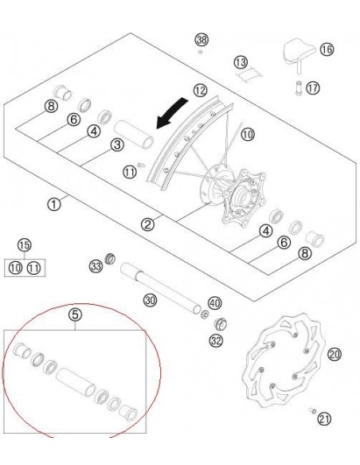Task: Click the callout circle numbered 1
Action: [53, 205]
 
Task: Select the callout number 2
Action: [147, 225]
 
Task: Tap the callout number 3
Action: [117, 144]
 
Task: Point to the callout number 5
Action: [76, 315]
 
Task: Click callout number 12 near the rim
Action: [199, 91]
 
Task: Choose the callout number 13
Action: [241, 62]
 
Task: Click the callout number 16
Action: [326, 49]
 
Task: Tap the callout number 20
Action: [334, 354]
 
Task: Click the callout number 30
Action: [149, 300]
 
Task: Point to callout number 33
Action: [96, 265]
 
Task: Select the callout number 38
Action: [202, 40]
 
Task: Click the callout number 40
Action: [213, 303]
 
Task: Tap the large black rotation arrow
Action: [174, 117]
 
